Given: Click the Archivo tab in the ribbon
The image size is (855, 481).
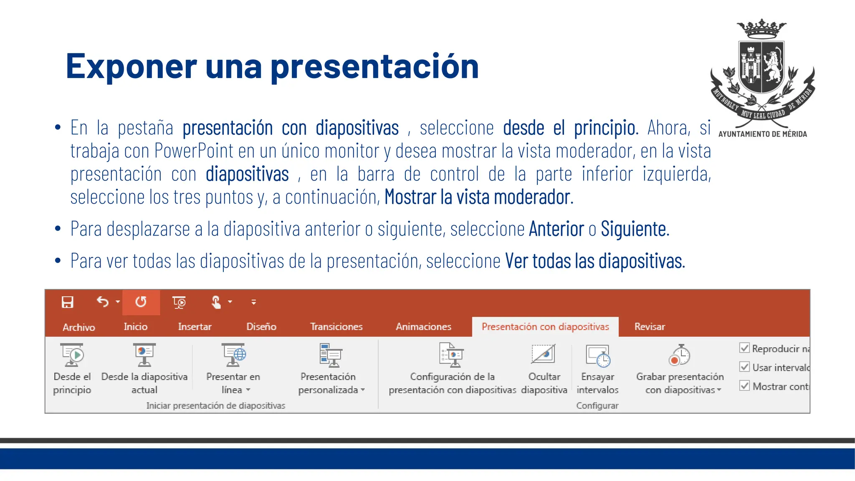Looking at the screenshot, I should coord(78,327).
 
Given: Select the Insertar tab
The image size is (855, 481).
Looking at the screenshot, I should coord(195,327).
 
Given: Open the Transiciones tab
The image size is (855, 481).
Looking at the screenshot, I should coord(336,327).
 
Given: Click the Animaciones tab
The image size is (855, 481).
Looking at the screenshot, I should coord(423,327).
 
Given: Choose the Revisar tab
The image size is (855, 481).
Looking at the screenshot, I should coord(649,327).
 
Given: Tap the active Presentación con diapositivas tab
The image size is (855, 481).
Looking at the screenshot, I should coord(545,327).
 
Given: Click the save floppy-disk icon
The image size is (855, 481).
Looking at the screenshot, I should coord(67,302).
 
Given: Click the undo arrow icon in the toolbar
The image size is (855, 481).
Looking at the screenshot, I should coord(102,301).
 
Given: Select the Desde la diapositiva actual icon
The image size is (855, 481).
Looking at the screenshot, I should coord(144,355).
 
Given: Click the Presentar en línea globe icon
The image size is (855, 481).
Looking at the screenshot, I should coord(233,355).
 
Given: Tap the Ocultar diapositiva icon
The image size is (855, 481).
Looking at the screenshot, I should coord(544,354).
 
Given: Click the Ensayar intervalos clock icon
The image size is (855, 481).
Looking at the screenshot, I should coord(598,356).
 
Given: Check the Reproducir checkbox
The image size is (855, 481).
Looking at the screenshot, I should coord(744,348).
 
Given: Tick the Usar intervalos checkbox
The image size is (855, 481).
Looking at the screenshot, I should coord(744,367).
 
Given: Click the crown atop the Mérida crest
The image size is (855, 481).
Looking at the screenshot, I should coord(761,28).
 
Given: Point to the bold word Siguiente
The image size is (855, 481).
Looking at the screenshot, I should coord(634,229).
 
